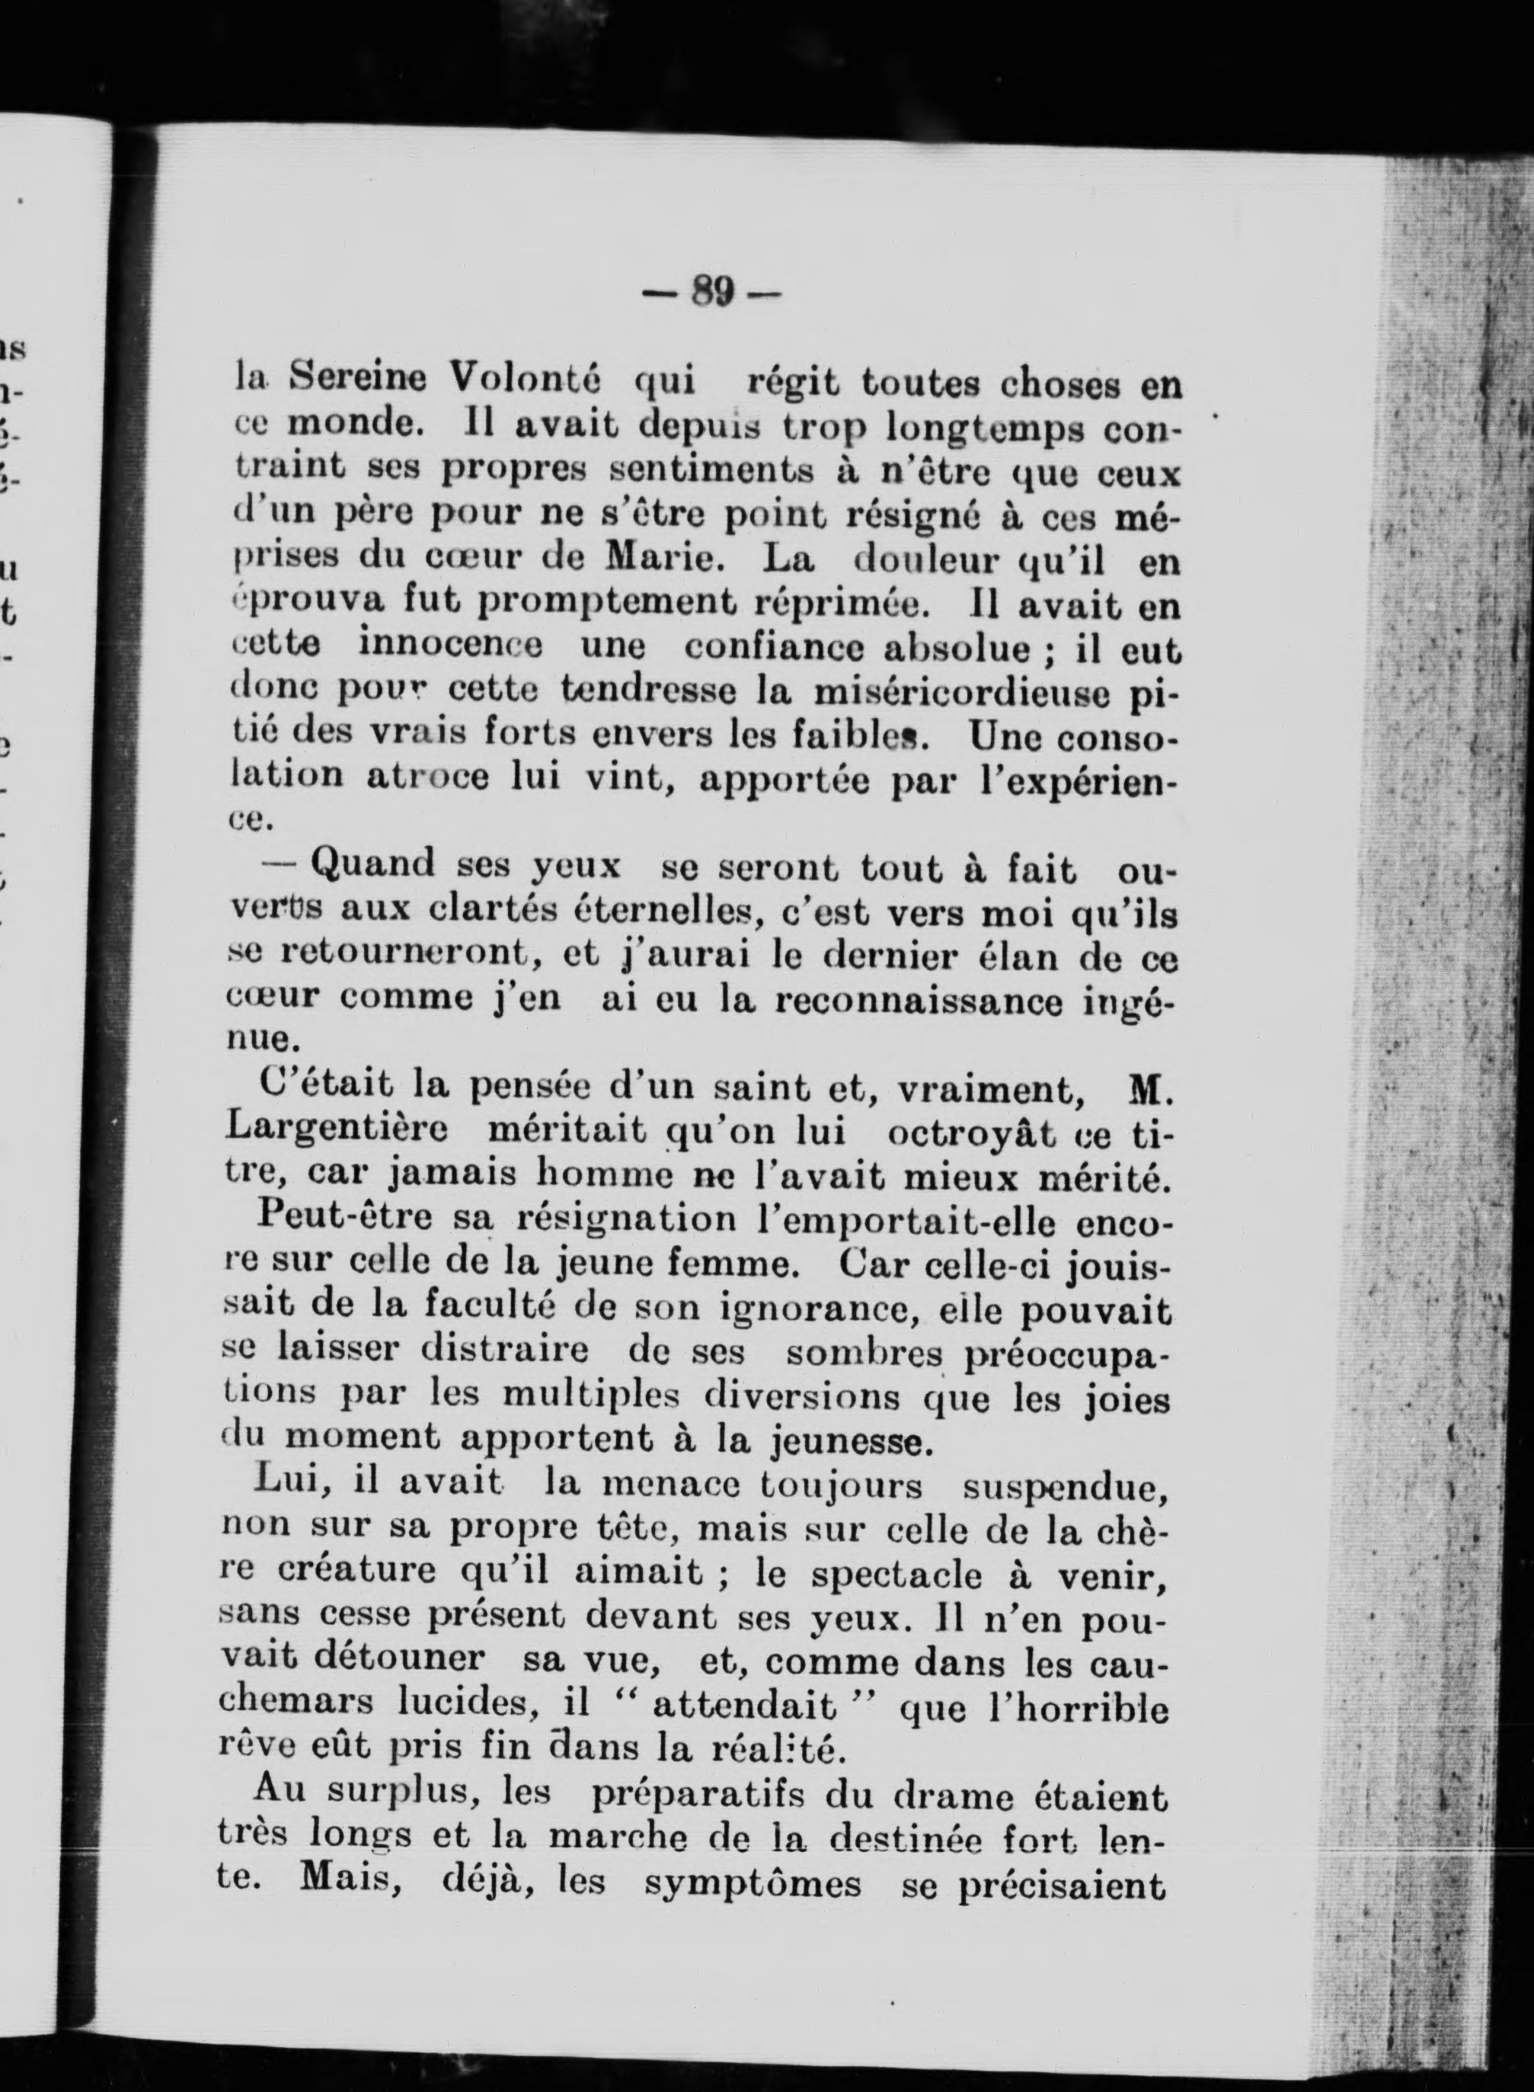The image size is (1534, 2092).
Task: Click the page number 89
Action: [713, 294]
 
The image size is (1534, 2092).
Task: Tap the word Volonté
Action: [526, 378]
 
